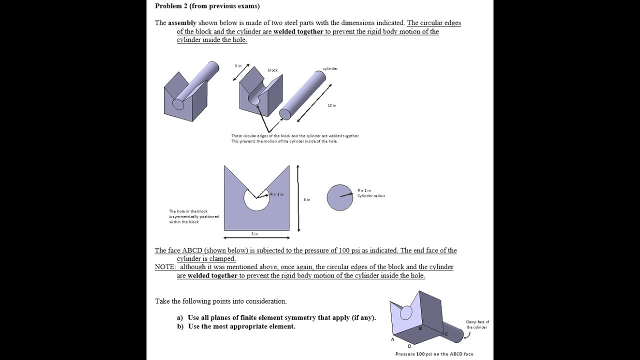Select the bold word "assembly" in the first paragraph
[x=182, y=23]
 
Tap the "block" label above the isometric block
[x=272, y=70]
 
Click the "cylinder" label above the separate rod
[x=330, y=68]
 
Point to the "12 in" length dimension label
[x=332, y=105]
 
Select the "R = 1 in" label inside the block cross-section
[x=276, y=194]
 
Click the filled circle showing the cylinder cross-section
[x=340, y=197]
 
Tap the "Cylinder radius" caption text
[x=371, y=195]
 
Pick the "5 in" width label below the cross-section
[x=254, y=234]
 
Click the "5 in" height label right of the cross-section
[x=307, y=199]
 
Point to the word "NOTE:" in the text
[x=165, y=267]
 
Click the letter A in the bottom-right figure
[x=392, y=339]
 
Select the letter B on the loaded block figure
[x=420, y=328]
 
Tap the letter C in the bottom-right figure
[x=446, y=333]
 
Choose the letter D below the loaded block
[x=409, y=346]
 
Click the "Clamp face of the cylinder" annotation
[x=477, y=324]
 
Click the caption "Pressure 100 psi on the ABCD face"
[x=434, y=354]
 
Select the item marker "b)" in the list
[x=180, y=326]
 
